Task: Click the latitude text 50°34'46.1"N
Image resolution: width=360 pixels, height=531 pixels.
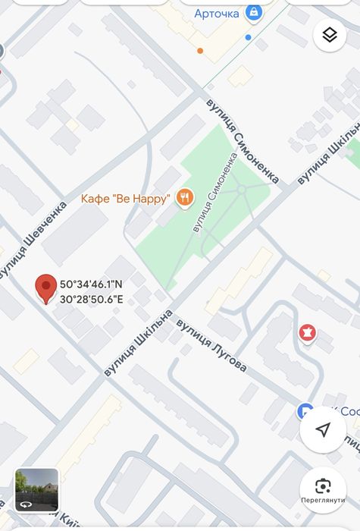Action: coord(91,284)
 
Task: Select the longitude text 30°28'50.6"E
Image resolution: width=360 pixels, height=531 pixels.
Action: coord(91,299)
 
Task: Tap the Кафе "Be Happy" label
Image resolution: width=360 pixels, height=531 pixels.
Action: coord(125,200)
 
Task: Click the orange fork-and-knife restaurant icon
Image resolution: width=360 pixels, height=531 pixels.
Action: coord(184,199)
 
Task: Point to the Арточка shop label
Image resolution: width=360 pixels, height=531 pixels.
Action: coord(217,13)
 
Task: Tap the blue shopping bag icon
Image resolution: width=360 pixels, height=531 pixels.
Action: coord(254,12)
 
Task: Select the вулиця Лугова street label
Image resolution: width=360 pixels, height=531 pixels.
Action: coord(211,346)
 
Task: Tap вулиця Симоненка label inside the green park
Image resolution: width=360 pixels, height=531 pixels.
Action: coord(214,193)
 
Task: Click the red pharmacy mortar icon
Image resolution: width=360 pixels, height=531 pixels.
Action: coord(307,332)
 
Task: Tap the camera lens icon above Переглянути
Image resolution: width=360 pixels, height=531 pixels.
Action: coord(323,485)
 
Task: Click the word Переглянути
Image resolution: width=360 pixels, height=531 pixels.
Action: coord(323,501)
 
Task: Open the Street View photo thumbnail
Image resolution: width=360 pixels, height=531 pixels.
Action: coord(36,489)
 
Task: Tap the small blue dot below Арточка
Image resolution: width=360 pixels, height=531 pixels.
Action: coord(248,36)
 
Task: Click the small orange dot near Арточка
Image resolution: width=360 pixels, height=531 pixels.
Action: coord(200,51)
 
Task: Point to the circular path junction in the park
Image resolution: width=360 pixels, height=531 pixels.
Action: coord(240,189)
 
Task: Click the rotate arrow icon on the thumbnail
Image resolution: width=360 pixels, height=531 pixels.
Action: coord(26,503)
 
